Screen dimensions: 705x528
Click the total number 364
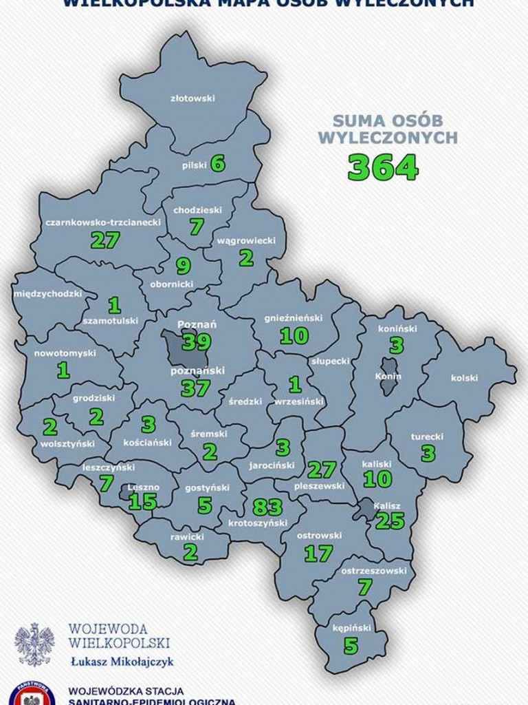(383, 167)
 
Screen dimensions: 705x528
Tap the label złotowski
(192, 98)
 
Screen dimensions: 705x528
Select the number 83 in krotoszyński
(267, 507)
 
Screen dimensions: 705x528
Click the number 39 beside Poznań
(196, 341)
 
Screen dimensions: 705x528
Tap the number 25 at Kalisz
(390, 520)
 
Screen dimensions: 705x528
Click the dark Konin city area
(389, 376)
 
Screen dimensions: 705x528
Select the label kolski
(464, 377)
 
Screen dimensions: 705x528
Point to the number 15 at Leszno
(143, 501)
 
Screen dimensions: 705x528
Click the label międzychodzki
(47, 295)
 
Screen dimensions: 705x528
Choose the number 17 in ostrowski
(318, 553)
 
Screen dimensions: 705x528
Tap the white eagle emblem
(34, 644)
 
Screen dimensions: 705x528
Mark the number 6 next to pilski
(217, 164)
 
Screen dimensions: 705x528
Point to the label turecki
(427, 436)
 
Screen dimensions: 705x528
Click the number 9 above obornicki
(183, 265)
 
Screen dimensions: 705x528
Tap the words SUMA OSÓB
(388, 118)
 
